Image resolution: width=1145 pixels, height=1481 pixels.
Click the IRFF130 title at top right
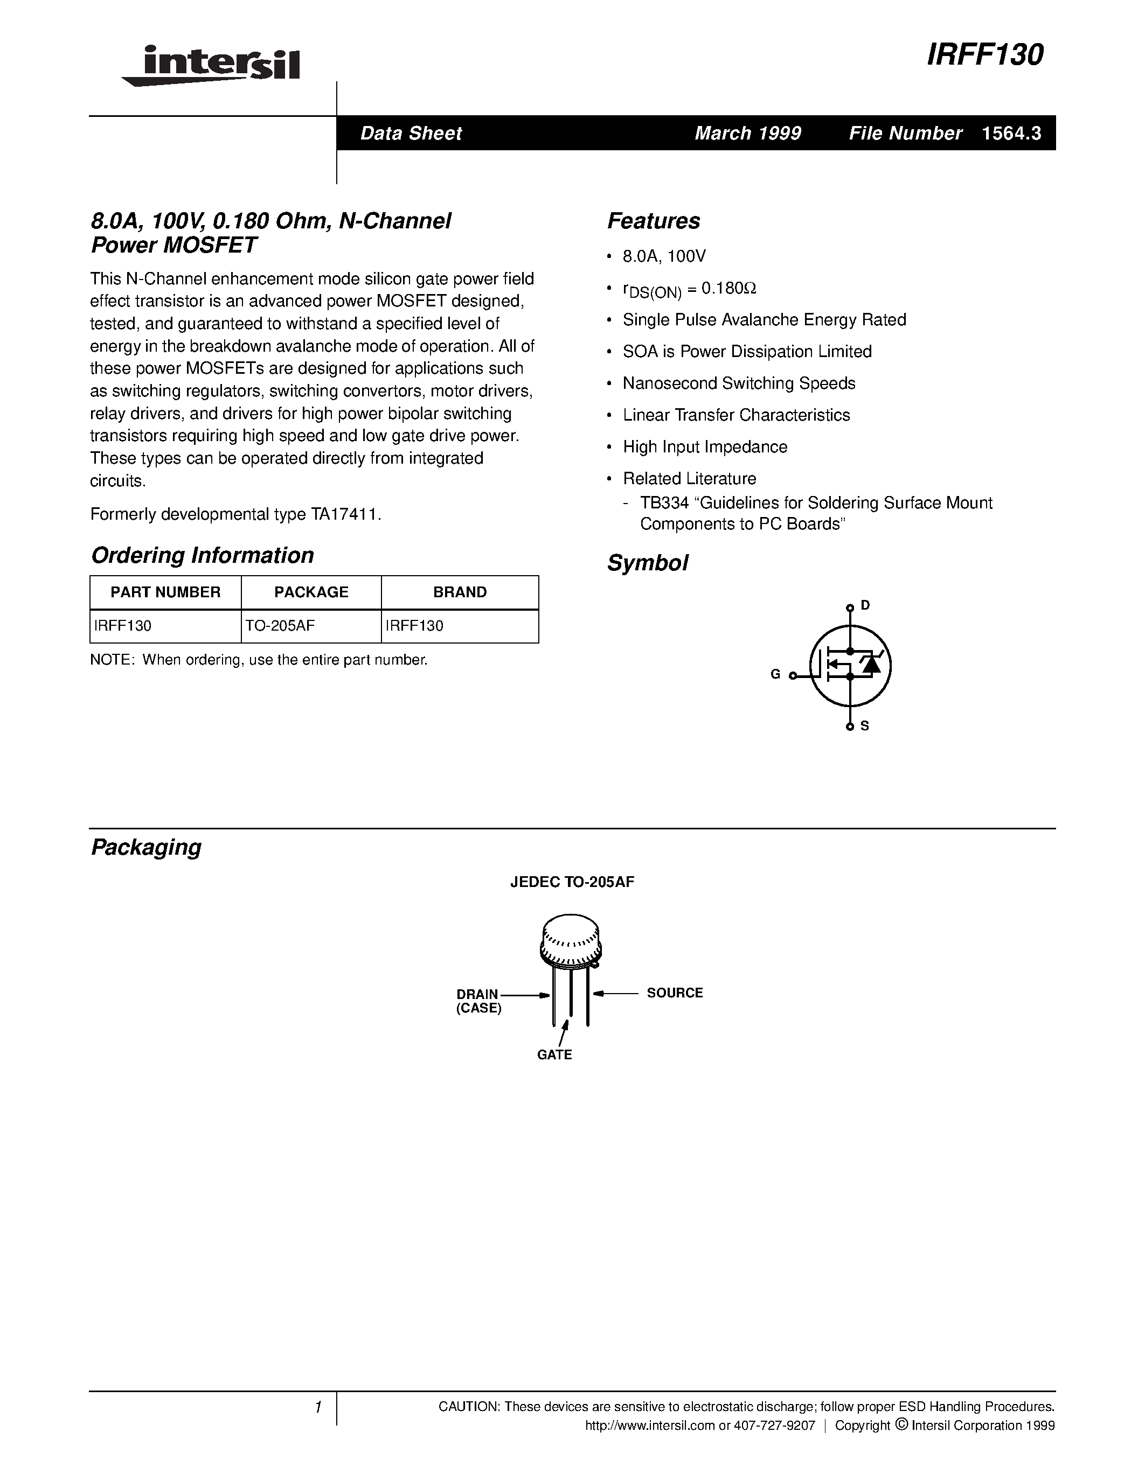click(984, 55)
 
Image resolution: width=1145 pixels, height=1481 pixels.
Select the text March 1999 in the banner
click(747, 133)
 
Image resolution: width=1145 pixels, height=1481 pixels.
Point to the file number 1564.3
click(1011, 133)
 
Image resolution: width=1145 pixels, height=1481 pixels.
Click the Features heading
click(653, 221)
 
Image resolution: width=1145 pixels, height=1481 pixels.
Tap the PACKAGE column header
click(311, 592)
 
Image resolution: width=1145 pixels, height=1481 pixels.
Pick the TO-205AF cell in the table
click(280, 626)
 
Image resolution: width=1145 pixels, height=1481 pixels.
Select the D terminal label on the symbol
click(865, 605)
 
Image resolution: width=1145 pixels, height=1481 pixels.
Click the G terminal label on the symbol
click(775, 674)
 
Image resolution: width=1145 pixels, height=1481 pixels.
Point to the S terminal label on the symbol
click(865, 725)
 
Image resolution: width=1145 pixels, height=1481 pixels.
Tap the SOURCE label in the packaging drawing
click(674, 993)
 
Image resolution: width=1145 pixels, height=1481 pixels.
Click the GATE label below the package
click(554, 1054)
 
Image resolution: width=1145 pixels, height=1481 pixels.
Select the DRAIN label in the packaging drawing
click(477, 994)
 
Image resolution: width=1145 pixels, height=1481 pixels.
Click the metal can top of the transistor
click(571, 939)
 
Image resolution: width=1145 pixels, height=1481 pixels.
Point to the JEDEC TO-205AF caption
click(572, 882)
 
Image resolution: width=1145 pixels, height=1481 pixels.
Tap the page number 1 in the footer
click(317, 1407)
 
